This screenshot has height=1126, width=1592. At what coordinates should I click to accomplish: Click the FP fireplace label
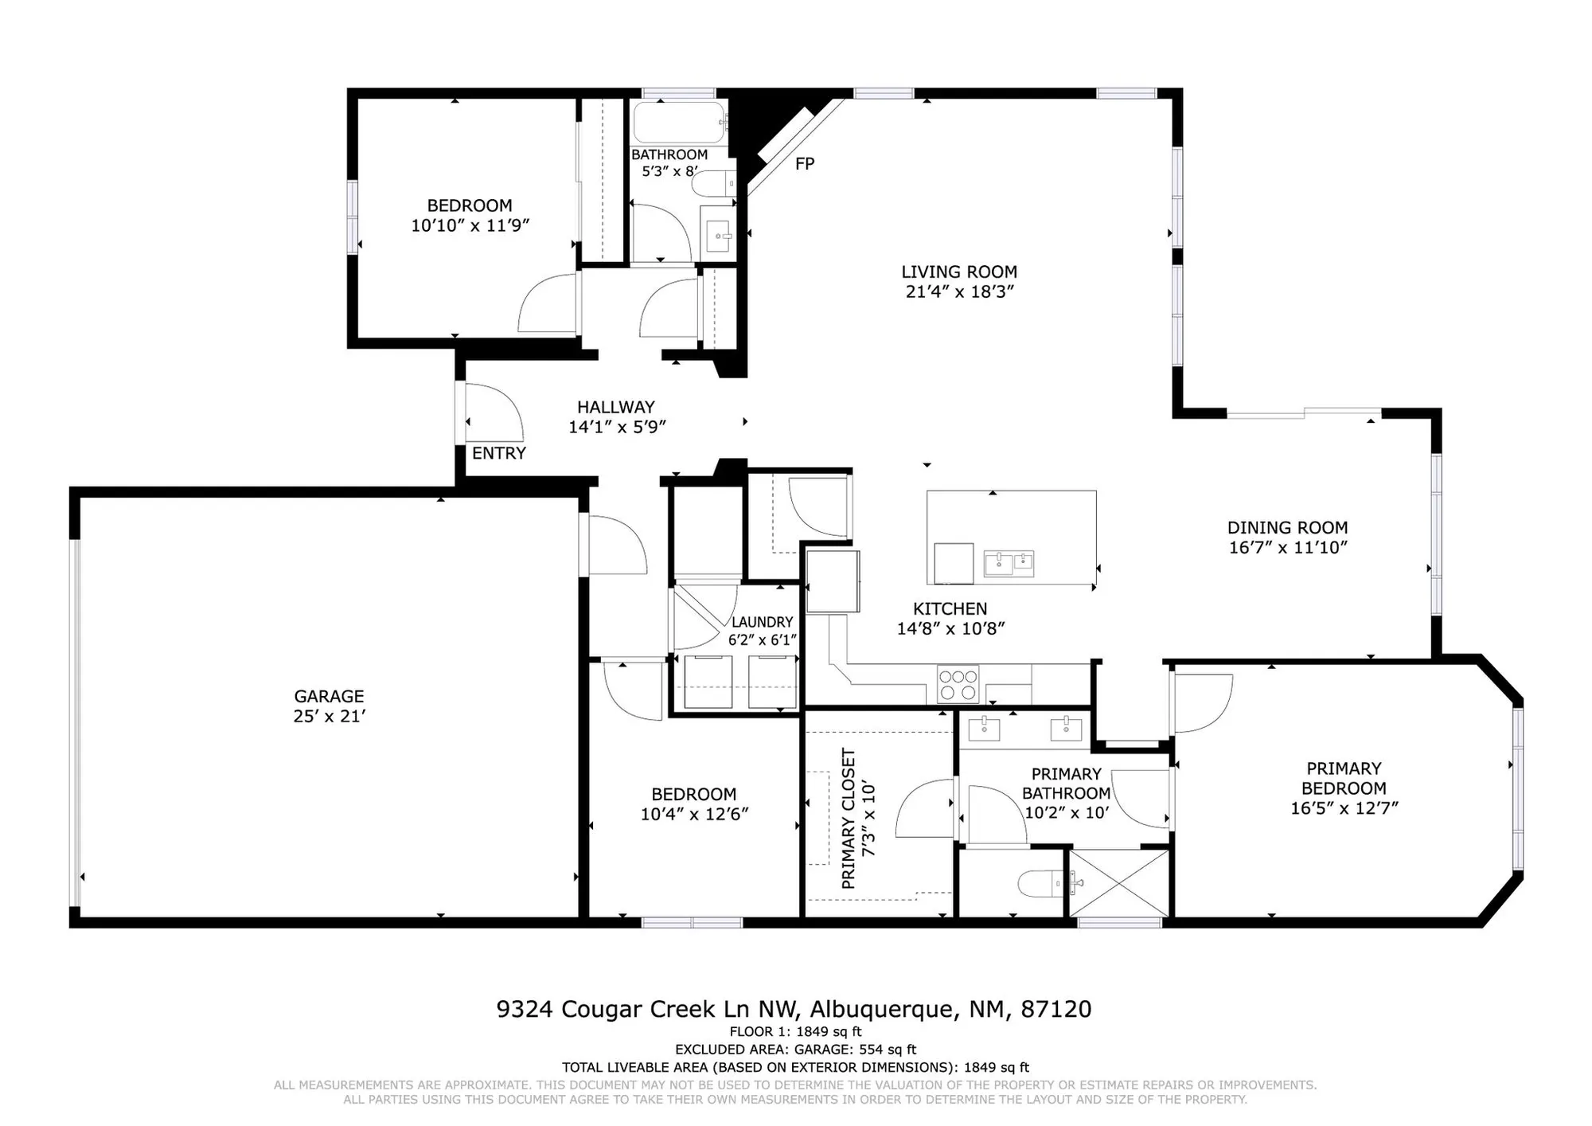(x=805, y=163)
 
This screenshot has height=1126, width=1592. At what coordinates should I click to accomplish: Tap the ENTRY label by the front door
(x=499, y=453)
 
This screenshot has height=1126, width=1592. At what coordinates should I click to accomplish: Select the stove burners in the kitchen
(x=958, y=684)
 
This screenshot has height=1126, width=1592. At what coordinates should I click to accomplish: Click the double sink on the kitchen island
(x=1009, y=563)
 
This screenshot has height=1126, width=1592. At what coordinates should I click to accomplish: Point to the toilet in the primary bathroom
(x=1040, y=883)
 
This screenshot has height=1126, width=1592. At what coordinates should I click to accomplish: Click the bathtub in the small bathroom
(x=679, y=122)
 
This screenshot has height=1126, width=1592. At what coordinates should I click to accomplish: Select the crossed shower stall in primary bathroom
(x=1118, y=883)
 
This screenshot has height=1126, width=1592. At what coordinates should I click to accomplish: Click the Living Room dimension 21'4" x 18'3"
(x=959, y=291)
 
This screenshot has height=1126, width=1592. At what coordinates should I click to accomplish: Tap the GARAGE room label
(x=329, y=696)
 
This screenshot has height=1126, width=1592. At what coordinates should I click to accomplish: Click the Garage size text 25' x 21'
(x=329, y=716)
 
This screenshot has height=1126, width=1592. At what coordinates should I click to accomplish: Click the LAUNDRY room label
(x=762, y=622)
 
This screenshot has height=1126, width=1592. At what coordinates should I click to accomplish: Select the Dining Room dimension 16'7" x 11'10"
(x=1287, y=547)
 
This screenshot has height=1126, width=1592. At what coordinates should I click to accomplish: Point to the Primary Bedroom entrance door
(x=1202, y=702)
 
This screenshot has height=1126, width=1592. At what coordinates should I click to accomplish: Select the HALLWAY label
(x=615, y=407)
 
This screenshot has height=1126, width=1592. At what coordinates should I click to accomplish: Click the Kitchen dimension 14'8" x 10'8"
(x=950, y=628)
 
